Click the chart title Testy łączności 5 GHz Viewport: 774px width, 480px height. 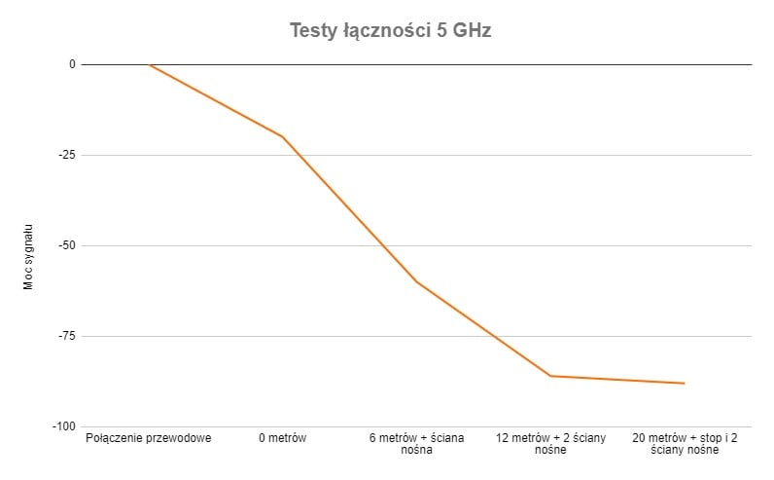coord(390,30)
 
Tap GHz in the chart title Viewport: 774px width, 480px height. coord(472,30)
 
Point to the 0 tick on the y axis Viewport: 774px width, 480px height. coord(71,64)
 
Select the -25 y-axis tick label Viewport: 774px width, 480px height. coord(66,155)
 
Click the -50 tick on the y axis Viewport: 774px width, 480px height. coord(66,245)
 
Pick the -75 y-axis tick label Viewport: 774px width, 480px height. coord(66,336)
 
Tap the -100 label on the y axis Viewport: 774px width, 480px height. coord(63,426)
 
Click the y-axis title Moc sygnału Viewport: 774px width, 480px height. coord(29,255)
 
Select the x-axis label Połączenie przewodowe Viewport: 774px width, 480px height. coord(149,438)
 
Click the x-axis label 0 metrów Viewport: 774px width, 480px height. coord(283,438)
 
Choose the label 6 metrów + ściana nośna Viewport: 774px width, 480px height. coord(416,444)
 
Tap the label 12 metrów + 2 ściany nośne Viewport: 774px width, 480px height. coord(550,444)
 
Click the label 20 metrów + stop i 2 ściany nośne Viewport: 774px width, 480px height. coord(685,444)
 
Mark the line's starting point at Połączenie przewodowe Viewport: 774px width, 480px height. coord(149,64)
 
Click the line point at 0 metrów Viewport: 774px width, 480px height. coord(283,136)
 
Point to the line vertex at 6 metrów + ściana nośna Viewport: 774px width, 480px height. coord(416,281)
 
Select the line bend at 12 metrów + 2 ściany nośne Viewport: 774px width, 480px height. coord(550,376)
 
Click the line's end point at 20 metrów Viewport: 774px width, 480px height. coord(685,384)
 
